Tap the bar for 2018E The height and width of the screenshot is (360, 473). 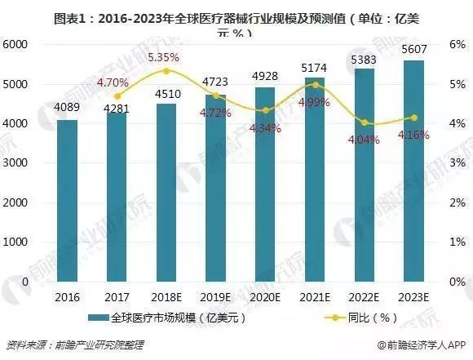(166, 192)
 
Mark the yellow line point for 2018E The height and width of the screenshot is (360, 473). (166, 71)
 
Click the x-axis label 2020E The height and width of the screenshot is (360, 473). (265, 297)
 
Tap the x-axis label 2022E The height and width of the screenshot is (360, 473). (365, 297)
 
